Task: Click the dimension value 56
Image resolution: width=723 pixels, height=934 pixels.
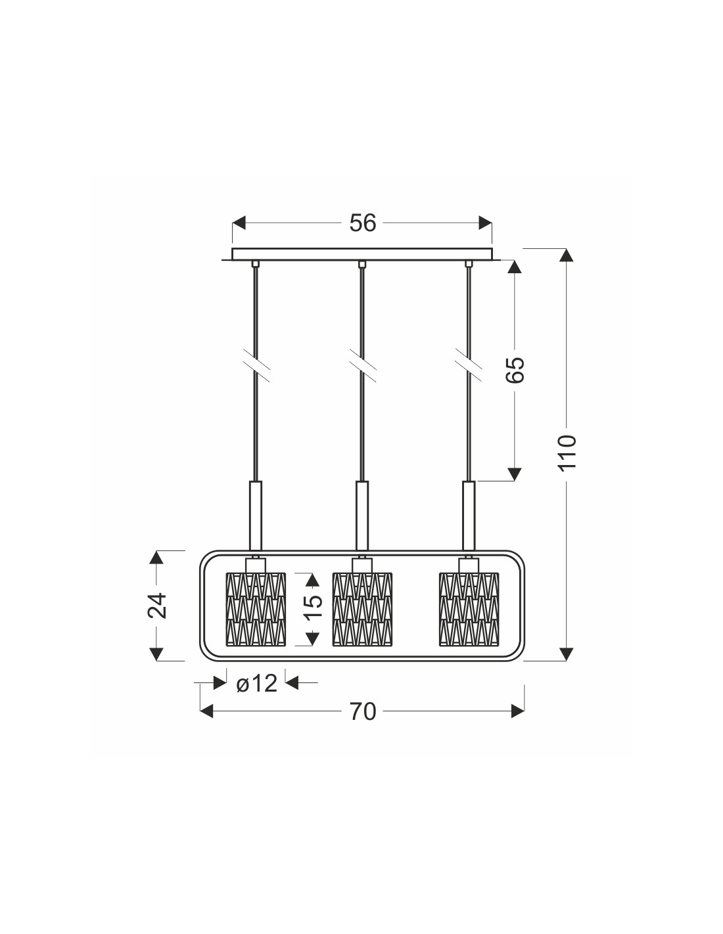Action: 363,223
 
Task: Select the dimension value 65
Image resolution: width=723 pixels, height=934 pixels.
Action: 515,369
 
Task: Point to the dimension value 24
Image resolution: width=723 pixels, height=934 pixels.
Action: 157,606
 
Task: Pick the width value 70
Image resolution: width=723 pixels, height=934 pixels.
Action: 363,712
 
